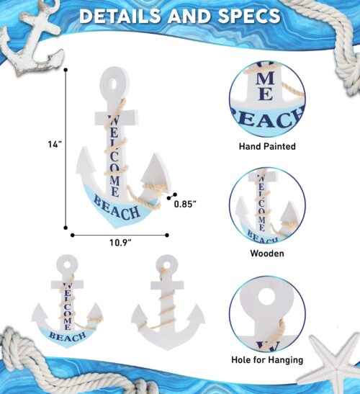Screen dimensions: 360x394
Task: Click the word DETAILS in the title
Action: (x=120, y=16)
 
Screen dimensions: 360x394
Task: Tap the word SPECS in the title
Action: (x=248, y=16)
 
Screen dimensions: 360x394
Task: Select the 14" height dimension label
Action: (x=55, y=145)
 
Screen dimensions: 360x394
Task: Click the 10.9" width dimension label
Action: (x=120, y=243)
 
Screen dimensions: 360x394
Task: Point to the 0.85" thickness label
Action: (x=185, y=204)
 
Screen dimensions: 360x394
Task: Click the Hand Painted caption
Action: (x=267, y=146)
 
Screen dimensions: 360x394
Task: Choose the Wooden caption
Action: (x=267, y=254)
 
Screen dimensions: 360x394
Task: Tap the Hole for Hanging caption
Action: (x=267, y=360)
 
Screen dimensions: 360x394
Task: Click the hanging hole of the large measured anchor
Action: (x=114, y=84)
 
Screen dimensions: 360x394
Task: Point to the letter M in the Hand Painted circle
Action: (x=265, y=79)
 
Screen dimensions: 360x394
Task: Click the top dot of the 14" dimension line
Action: (x=66, y=70)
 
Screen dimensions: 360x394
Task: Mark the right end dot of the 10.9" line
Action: (x=167, y=236)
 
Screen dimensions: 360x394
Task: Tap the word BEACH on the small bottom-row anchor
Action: (x=68, y=336)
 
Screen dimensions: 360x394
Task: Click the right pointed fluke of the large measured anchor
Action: (x=156, y=171)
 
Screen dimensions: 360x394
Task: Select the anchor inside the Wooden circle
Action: (x=268, y=207)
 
